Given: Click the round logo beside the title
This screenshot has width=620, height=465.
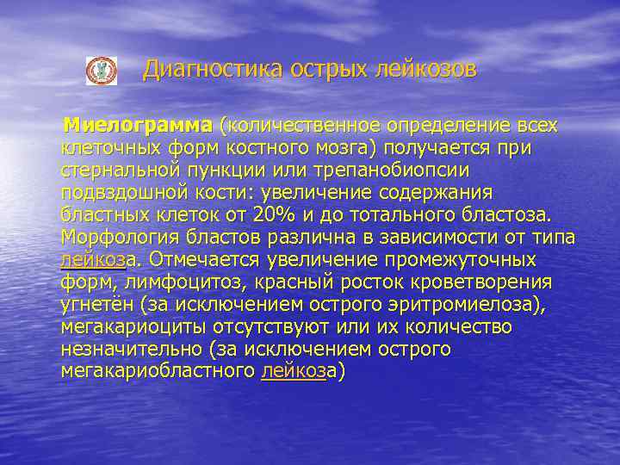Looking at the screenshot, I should (x=101, y=71).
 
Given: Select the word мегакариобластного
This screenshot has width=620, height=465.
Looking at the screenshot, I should (x=158, y=372).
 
